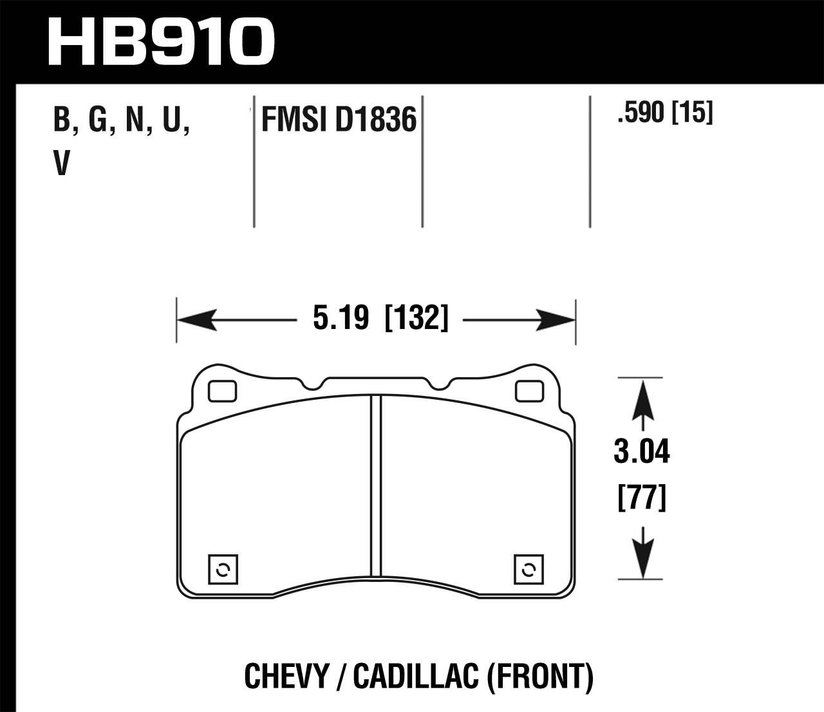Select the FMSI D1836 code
click(x=339, y=120)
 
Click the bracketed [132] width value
click(x=415, y=319)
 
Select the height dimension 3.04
click(x=642, y=453)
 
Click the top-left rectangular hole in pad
click(x=223, y=390)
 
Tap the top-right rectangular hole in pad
click(x=529, y=390)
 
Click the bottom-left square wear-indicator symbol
click(x=223, y=568)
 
